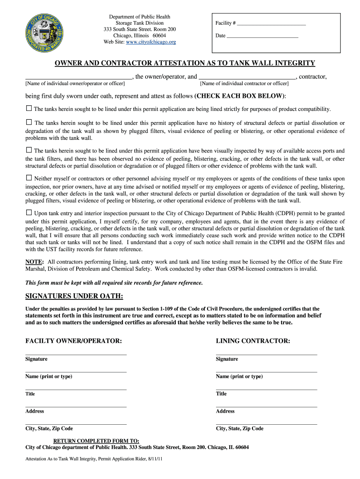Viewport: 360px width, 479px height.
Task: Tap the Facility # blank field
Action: [272, 23]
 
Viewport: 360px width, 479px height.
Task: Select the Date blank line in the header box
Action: [262, 36]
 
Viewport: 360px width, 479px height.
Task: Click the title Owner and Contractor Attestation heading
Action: [185, 63]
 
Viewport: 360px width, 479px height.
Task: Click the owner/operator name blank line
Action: [79, 77]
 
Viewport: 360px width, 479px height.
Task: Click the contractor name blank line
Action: [247, 77]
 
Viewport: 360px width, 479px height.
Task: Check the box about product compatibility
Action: [29, 109]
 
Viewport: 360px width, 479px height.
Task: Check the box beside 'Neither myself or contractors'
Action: [29, 178]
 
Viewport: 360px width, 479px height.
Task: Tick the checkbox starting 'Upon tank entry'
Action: [29, 212]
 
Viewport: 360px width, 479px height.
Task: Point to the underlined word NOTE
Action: [34, 262]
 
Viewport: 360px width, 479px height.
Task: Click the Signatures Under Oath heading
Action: [74, 297]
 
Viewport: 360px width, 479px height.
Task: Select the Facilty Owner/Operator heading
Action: [73, 341]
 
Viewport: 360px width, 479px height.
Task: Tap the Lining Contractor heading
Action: [253, 341]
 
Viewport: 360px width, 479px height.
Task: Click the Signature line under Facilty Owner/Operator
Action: [76, 355]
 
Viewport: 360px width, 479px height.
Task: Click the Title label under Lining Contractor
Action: [221, 394]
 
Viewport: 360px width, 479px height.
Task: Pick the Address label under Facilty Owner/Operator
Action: [35, 411]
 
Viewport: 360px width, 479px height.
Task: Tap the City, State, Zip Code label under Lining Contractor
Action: [239, 428]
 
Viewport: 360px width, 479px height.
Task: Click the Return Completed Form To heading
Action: [96, 441]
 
